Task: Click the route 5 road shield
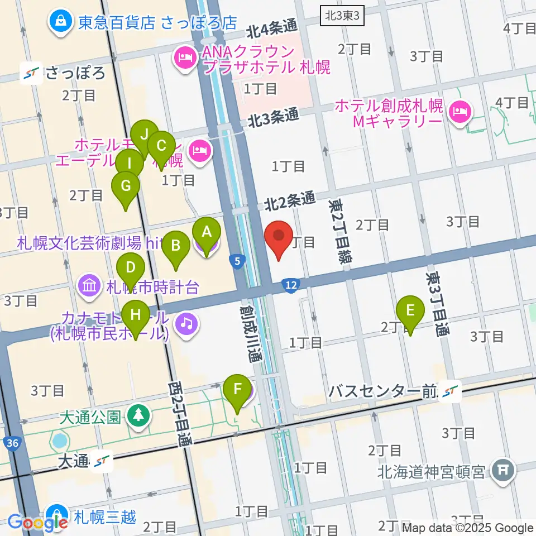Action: (x=238, y=261)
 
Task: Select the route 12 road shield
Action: (x=291, y=285)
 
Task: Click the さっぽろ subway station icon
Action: (x=31, y=73)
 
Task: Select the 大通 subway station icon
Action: (x=102, y=461)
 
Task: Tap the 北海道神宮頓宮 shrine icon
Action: (x=504, y=472)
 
